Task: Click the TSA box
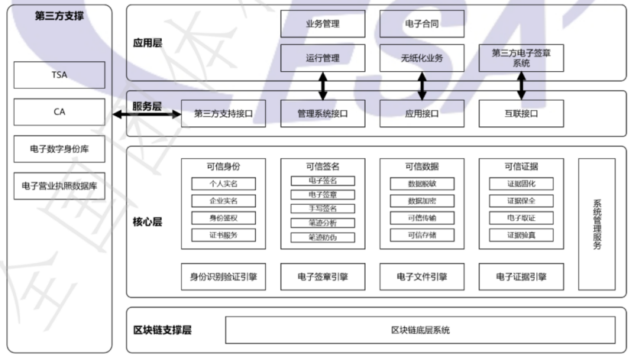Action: tap(59, 75)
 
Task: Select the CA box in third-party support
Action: tap(59, 112)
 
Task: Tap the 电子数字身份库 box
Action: tap(59, 148)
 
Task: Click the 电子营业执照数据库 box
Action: tap(59, 185)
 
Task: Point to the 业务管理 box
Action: tap(322, 24)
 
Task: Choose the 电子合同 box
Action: tap(421, 24)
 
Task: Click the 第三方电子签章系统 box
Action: tap(521, 58)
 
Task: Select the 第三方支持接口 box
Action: tap(223, 114)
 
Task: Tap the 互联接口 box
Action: tap(521, 114)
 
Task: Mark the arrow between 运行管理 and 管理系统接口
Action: tap(323, 86)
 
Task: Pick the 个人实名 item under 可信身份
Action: tap(224, 184)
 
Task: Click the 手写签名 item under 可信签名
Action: tap(322, 208)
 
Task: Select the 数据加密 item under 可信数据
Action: tap(421, 201)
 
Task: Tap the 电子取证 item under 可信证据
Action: tap(521, 218)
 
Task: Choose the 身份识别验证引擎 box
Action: tap(223, 277)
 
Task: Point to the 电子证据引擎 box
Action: tap(521, 277)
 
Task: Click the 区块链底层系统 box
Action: tap(420, 330)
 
